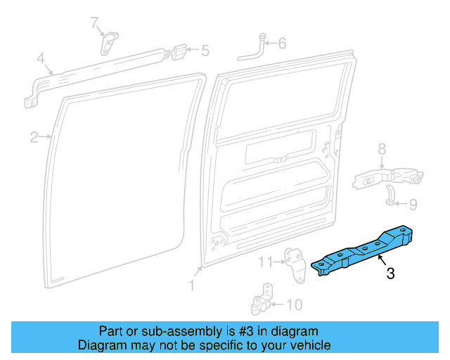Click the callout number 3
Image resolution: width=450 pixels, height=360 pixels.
pos(390,274)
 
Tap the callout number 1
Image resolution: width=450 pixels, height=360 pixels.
pos(191,285)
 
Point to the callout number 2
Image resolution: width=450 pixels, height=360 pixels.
pos(34,138)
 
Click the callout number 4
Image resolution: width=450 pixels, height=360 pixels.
pos(41,58)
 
